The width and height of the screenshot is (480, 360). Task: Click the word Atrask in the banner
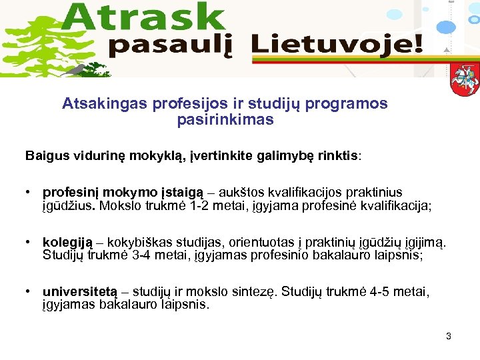[147, 17]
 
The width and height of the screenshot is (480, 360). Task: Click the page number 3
[449, 336]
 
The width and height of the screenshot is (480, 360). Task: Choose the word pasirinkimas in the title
[225, 120]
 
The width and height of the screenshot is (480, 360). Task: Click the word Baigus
[46, 156]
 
